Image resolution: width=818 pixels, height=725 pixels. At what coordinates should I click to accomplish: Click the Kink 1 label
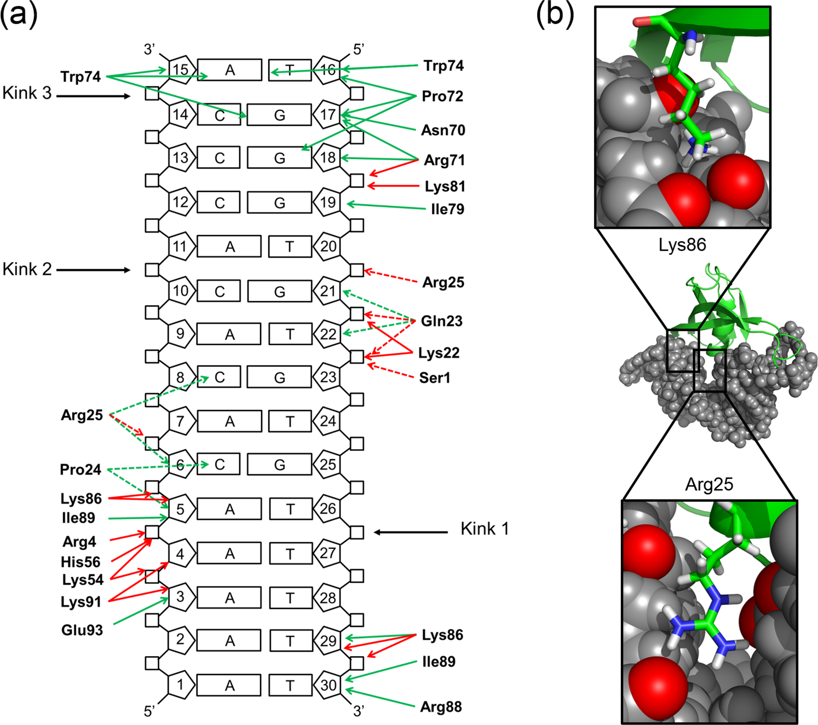pyautogui.click(x=485, y=529)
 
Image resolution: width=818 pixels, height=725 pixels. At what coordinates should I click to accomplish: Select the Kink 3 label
pyautogui.click(x=27, y=93)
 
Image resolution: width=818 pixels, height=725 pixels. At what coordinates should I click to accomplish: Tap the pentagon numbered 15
pyautogui.click(x=181, y=69)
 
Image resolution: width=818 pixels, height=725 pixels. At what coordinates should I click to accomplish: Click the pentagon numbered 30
pyautogui.click(x=328, y=685)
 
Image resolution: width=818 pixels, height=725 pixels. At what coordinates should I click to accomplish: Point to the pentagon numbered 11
pyautogui.click(x=181, y=246)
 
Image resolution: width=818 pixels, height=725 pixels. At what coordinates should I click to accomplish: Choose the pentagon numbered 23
pyautogui.click(x=328, y=377)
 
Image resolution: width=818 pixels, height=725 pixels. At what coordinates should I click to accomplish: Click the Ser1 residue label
pyautogui.click(x=434, y=378)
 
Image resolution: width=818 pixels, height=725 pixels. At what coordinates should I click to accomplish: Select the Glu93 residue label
pyautogui.click(x=82, y=630)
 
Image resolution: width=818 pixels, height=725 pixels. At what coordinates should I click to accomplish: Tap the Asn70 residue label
pyautogui.click(x=443, y=130)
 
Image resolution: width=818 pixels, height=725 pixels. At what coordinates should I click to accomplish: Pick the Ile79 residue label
pyautogui.click(x=447, y=209)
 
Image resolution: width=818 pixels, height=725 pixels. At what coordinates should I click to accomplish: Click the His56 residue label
pyautogui.click(x=80, y=562)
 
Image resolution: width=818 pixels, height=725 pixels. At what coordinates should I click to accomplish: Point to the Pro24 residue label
pyautogui.click(x=80, y=469)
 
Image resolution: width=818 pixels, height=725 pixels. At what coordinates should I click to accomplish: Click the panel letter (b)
pyautogui.click(x=555, y=15)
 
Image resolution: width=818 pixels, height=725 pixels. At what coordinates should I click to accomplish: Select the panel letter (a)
pyautogui.click(x=19, y=15)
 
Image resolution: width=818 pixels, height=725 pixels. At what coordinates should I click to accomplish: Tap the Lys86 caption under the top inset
pyautogui.click(x=682, y=245)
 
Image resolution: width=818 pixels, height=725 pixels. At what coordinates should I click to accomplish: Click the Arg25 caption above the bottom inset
pyautogui.click(x=708, y=484)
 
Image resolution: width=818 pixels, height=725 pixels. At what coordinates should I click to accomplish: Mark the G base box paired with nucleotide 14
pyautogui.click(x=279, y=115)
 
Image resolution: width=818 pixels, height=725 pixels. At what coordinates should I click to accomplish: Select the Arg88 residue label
pyautogui.click(x=441, y=707)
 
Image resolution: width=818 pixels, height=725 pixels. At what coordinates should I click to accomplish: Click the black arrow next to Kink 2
pyautogui.click(x=93, y=270)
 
